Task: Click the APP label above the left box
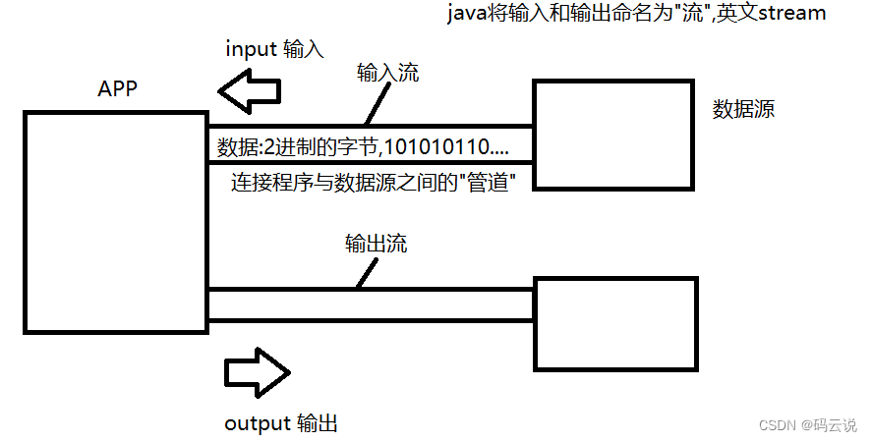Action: click(x=117, y=88)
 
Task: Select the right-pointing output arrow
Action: click(x=257, y=372)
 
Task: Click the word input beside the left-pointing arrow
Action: click(x=251, y=48)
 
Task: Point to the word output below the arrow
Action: click(x=257, y=423)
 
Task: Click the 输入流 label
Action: click(x=387, y=74)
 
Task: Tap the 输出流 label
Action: click(x=375, y=244)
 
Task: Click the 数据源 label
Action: click(x=743, y=109)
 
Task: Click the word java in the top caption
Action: click(x=467, y=14)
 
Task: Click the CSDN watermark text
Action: click(x=779, y=424)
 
